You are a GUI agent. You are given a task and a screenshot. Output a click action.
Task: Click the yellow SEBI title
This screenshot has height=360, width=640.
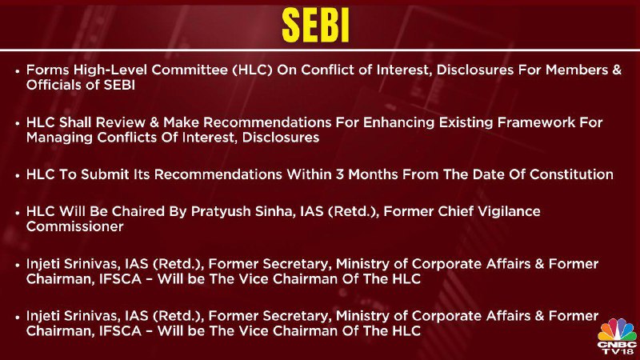[x=315, y=26]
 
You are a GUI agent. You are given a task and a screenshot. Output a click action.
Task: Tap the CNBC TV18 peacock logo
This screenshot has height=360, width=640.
[x=617, y=336]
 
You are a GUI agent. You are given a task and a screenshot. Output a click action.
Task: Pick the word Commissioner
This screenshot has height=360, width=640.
[x=74, y=226]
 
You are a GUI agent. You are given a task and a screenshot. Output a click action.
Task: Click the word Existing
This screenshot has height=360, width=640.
[x=462, y=122]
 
